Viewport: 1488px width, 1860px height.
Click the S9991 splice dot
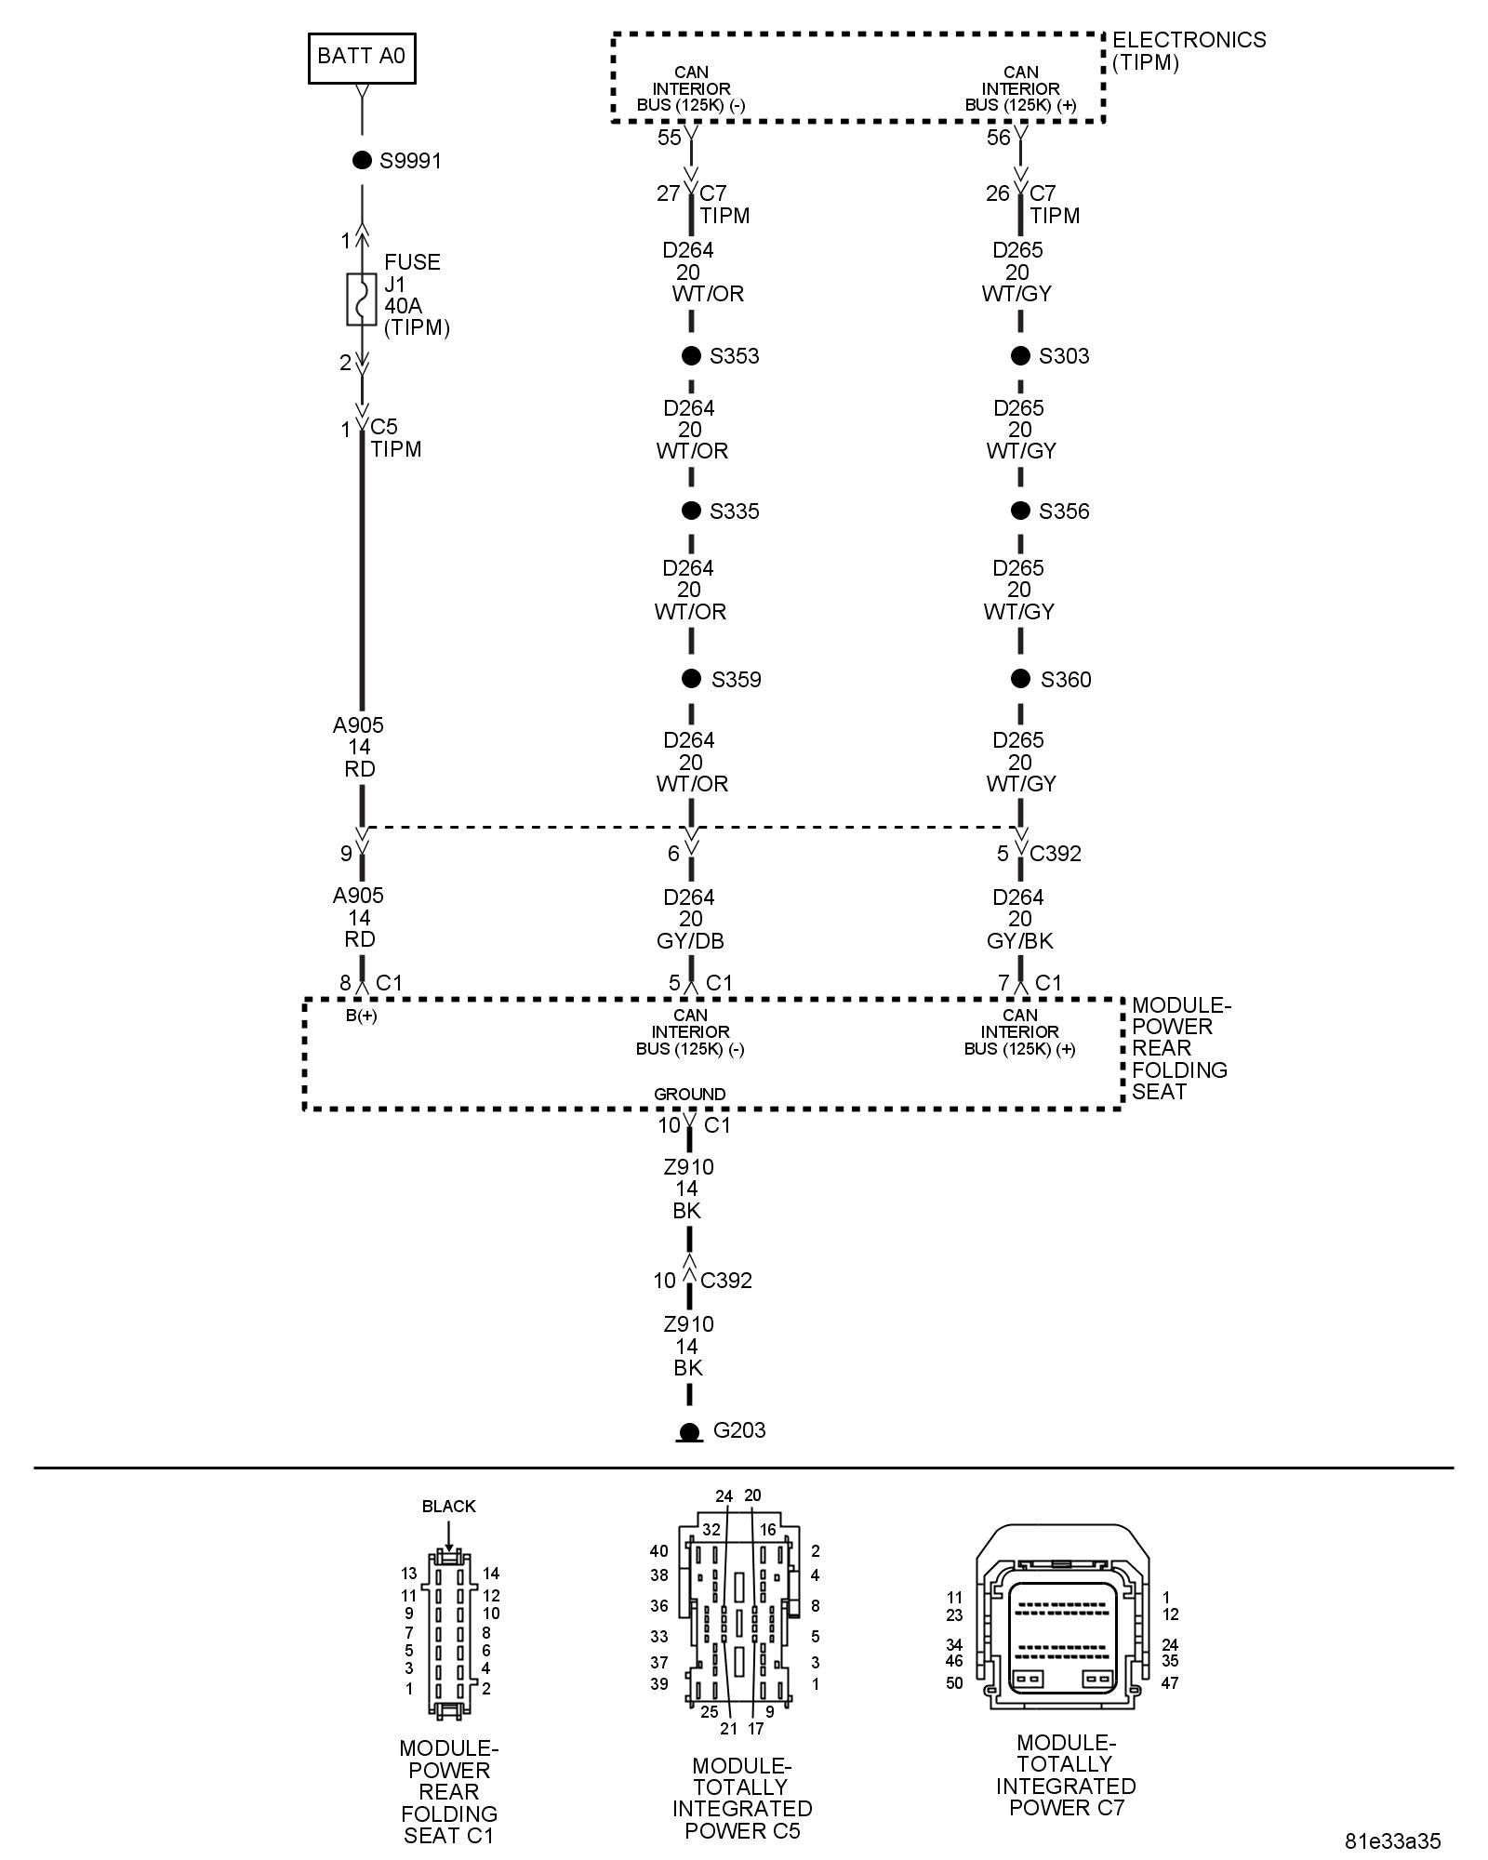(x=362, y=160)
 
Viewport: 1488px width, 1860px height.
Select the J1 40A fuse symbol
(x=361, y=299)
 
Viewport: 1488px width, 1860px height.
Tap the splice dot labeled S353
(x=691, y=355)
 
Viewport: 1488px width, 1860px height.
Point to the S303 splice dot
(x=1020, y=355)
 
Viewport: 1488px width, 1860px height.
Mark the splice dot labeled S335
(x=691, y=511)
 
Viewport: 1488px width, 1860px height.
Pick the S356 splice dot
(x=1020, y=511)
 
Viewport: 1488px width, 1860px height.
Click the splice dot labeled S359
(x=691, y=679)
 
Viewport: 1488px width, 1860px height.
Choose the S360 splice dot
(x=1020, y=679)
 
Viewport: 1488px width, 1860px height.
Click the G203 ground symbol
(x=689, y=1432)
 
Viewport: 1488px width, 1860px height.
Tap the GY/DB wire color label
(x=690, y=940)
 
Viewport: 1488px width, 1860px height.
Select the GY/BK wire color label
(x=1019, y=940)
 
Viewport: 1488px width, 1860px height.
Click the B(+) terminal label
(x=362, y=1016)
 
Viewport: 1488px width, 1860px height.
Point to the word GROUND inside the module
(x=689, y=1094)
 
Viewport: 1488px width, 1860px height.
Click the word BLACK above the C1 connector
(x=448, y=1506)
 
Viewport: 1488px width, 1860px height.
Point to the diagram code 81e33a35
(x=1392, y=1840)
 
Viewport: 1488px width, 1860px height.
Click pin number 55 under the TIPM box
(x=670, y=138)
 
